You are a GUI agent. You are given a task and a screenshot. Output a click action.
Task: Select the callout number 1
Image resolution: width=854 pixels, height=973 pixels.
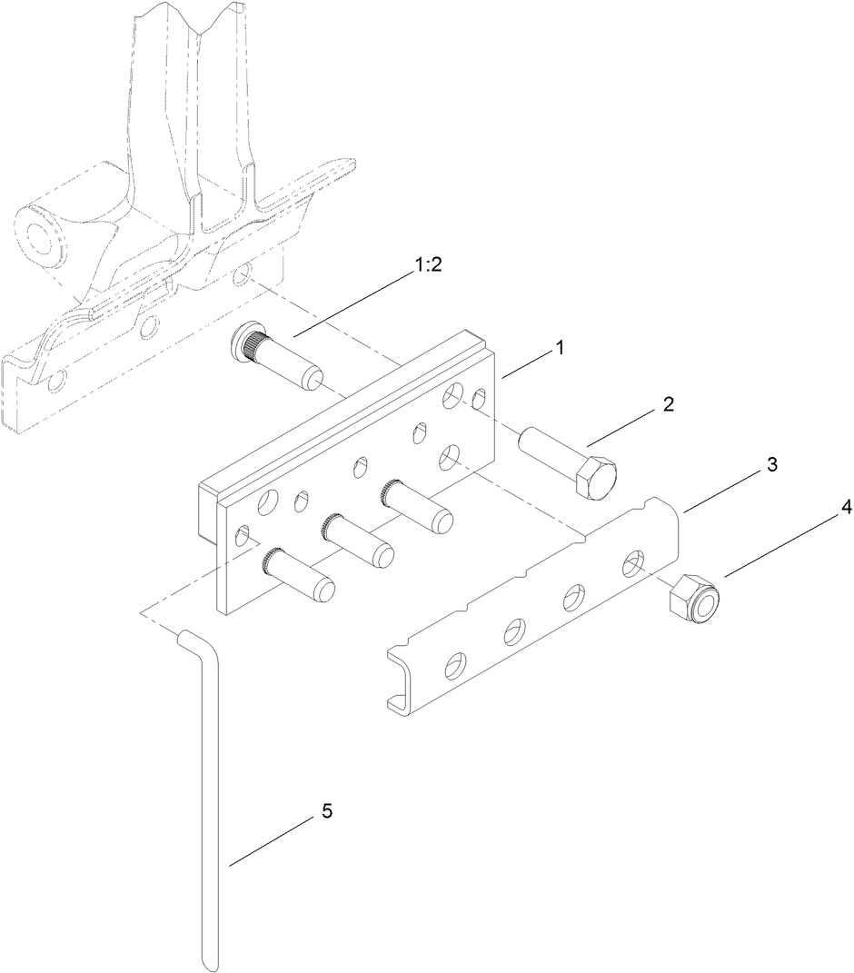click(x=561, y=347)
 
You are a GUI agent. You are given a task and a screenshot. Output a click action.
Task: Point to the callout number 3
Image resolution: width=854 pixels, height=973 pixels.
click(x=771, y=464)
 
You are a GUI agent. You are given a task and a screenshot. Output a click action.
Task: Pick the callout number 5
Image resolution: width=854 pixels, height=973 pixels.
click(x=326, y=811)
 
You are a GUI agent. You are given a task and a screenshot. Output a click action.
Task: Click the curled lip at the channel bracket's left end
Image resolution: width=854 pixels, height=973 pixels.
click(x=396, y=700)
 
